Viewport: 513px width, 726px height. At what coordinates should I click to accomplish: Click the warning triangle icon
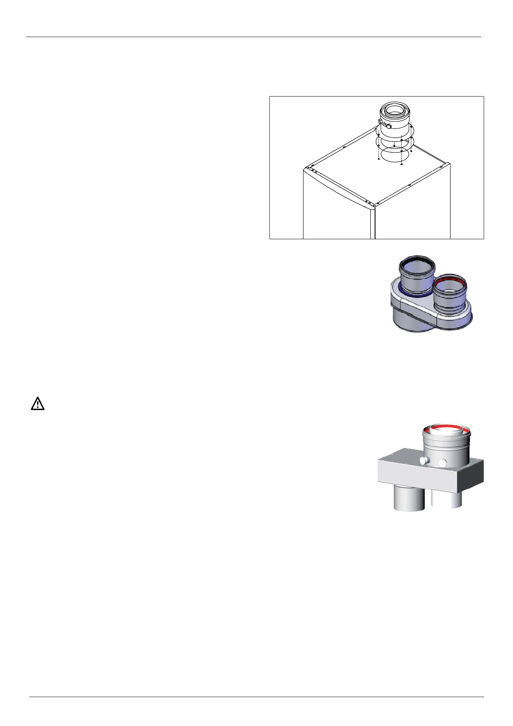point(38,404)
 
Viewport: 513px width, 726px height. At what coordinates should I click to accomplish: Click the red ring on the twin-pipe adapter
point(450,281)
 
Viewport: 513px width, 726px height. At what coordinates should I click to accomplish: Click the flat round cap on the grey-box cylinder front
point(443,463)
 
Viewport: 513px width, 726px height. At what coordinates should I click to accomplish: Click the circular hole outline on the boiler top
point(394,155)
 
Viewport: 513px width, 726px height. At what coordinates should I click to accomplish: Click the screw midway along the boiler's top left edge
point(344,147)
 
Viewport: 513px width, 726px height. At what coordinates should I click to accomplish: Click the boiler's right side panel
point(414,216)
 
